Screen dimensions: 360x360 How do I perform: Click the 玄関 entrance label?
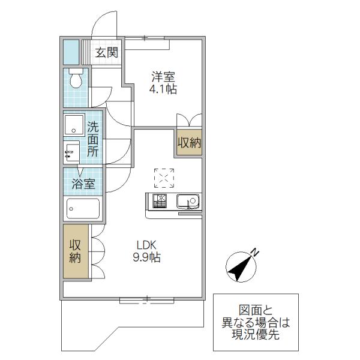point(107,53)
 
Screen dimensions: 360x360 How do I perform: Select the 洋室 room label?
point(163,77)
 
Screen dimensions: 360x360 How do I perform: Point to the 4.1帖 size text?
point(163,89)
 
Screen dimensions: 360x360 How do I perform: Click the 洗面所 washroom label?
point(93,139)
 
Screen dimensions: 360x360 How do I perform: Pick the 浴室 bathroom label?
point(83,184)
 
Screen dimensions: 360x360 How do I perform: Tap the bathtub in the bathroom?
point(83,208)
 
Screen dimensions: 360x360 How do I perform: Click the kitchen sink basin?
point(188,202)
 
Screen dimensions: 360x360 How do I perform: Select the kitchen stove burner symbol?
point(160,201)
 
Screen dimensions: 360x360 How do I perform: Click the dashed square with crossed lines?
point(164,178)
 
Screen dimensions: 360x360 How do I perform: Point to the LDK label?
point(146,245)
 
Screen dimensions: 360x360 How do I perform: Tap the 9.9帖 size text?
point(147,257)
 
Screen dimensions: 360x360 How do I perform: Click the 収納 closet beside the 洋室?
point(189,143)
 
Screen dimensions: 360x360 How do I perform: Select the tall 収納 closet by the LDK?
point(76,251)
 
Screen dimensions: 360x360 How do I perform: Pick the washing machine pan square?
point(74,125)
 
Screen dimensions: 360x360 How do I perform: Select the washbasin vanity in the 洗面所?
point(71,152)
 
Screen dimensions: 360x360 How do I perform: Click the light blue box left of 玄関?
point(71,52)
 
